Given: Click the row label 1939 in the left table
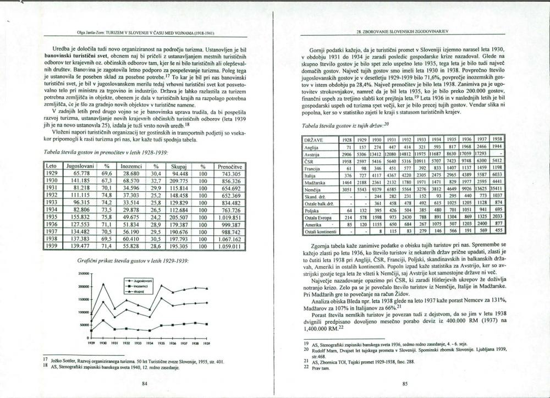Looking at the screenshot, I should [x=51, y=247].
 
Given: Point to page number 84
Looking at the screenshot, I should [x=144, y=384].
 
